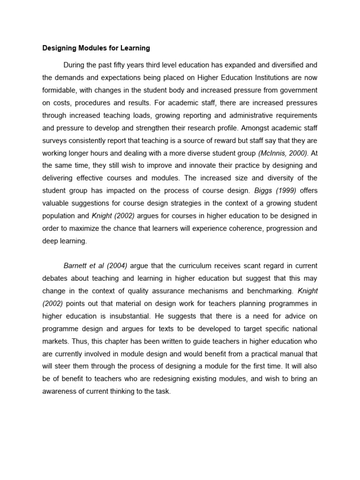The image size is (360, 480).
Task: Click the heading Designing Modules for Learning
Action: (x=96, y=48)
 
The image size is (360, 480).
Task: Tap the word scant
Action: (x=230, y=265)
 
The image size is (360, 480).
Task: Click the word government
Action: (x=296, y=90)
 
